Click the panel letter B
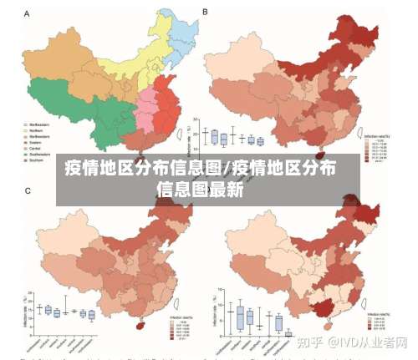click(206, 14)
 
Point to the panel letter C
click(27, 192)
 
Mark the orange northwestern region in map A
click(63, 50)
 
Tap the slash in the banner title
click(227, 166)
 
